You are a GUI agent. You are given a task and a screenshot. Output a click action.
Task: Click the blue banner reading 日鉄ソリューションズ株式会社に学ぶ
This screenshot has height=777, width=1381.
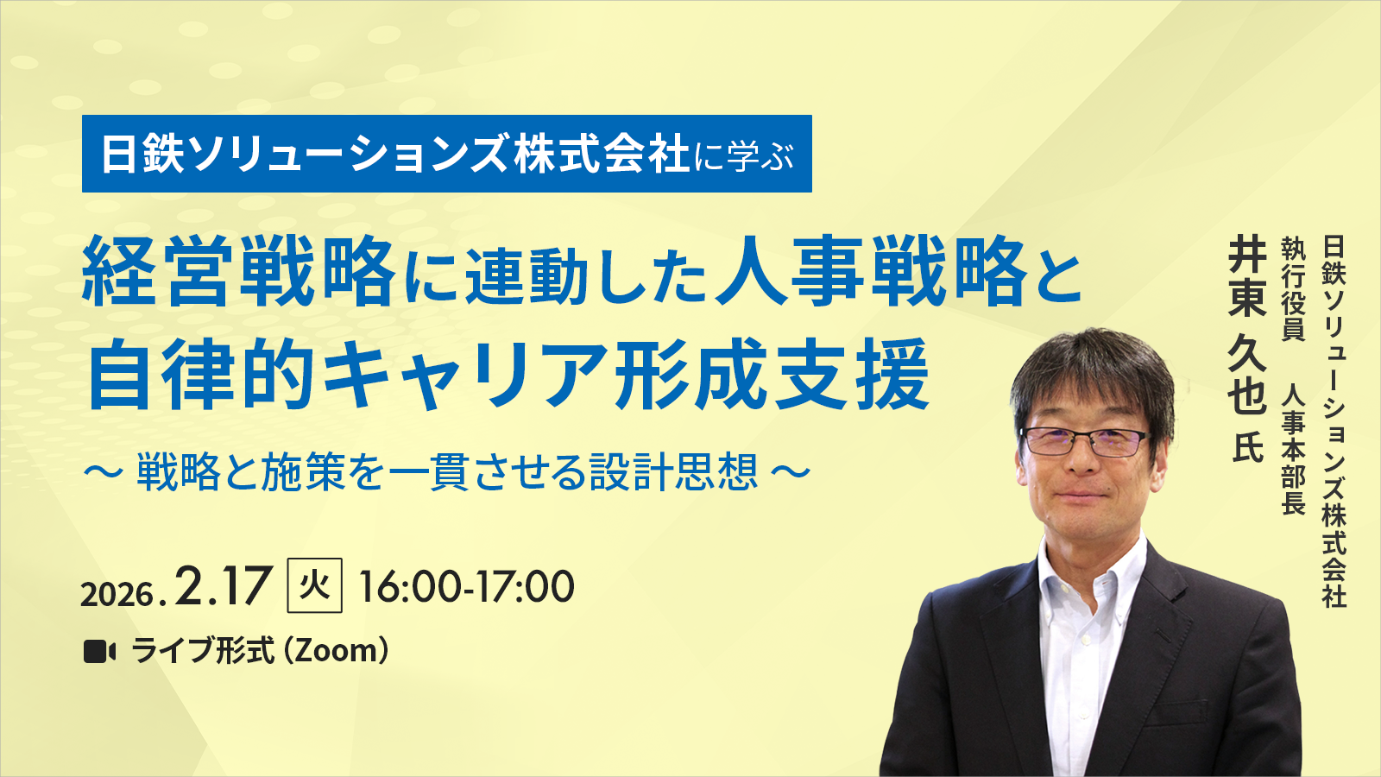point(446,154)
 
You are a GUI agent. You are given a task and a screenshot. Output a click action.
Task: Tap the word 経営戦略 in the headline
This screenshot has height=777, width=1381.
point(238,274)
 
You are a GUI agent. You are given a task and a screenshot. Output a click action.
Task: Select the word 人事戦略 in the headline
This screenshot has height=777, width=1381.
point(872,274)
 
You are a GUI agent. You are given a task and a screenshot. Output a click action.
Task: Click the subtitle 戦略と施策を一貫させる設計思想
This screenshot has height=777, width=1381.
point(447,472)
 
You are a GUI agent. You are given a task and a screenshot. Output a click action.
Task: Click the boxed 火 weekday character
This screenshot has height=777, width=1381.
point(314,586)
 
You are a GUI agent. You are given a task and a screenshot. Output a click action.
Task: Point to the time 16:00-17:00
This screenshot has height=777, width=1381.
point(466,587)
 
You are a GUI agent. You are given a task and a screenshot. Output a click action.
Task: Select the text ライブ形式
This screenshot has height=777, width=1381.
point(203,651)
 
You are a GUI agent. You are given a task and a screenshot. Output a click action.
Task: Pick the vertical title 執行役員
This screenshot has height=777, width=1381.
point(1293,289)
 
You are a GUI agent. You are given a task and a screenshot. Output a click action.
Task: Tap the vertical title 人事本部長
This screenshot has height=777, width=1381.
point(1293,449)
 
